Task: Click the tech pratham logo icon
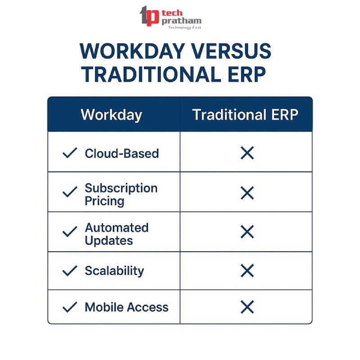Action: [149, 16]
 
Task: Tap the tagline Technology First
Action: [184, 27]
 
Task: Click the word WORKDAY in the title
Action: [132, 51]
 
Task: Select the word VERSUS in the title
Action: [231, 51]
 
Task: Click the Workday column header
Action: [112, 115]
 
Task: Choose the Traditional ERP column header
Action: [245, 114]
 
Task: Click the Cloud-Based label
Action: [121, 153]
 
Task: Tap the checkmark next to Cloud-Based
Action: [70, 153]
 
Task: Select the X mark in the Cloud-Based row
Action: [247, 153]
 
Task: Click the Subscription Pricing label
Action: [121, 194]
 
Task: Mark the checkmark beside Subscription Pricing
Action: [70, 192]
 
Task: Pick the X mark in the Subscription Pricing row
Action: [247, 193]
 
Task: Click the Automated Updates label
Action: [117, 234]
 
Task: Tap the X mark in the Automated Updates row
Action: [247, 232]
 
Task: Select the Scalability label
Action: [114, 271]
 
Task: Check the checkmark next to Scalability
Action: [70, 271]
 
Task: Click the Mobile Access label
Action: [126, 307]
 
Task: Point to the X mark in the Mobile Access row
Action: [247, 307]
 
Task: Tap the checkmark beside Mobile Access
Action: [70, 307]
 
